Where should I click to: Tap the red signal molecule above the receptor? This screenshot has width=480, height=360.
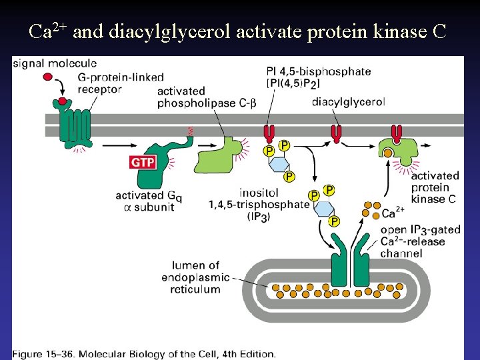[x=48, y=77]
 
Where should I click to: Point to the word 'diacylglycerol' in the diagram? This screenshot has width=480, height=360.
[x=348, y=102]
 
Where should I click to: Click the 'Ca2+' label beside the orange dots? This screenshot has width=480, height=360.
[x=392, y=213]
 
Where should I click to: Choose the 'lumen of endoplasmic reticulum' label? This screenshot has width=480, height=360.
[x=195, y=277]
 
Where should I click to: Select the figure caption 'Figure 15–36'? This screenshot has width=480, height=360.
[x=143, y=354]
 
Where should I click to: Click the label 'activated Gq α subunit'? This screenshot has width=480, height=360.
[x=149, y=201]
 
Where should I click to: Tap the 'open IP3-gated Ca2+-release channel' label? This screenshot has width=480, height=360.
[x=420, y=241]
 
